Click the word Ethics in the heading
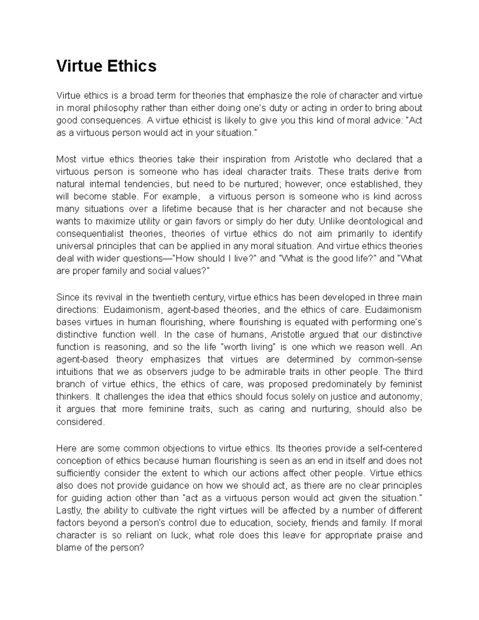[x=131, y=66]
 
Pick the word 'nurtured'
[x=259, y=184]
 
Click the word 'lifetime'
[x=175, y=209]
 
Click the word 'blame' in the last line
[x=67, y=548]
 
